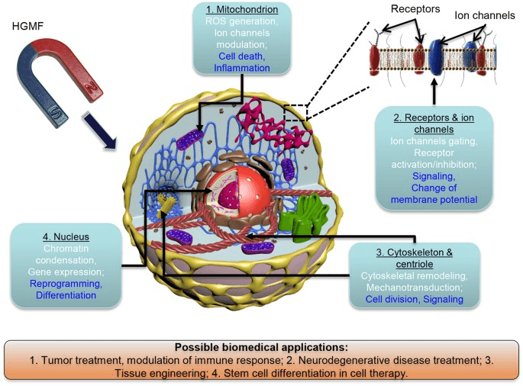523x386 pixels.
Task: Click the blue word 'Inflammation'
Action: coord(241,68)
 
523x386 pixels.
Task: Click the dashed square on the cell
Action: coord(295,111)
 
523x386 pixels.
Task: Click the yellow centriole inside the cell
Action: coord(169,202)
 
